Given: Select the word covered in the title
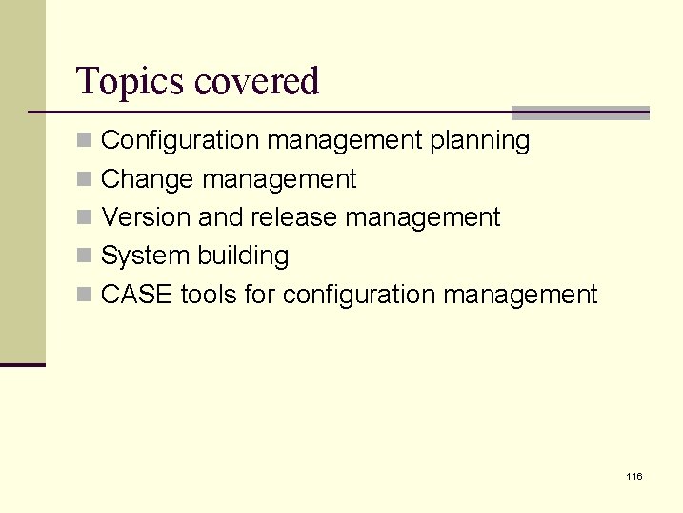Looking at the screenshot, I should click(x=256, y=81).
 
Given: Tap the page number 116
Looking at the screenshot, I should click(x=634, y=476).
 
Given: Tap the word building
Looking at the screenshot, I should click(x=243, y=256).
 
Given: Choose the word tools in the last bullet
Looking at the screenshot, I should click(x=208, y=295).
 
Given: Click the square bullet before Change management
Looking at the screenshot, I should click(x=85, y=179).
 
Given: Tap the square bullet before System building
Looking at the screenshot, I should click(x=85, y=256).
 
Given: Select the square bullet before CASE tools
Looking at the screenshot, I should click(x=85, y=295).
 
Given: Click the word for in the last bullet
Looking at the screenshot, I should click(x=259, y=295).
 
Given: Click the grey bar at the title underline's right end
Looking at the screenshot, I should click(x=581, y=113).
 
